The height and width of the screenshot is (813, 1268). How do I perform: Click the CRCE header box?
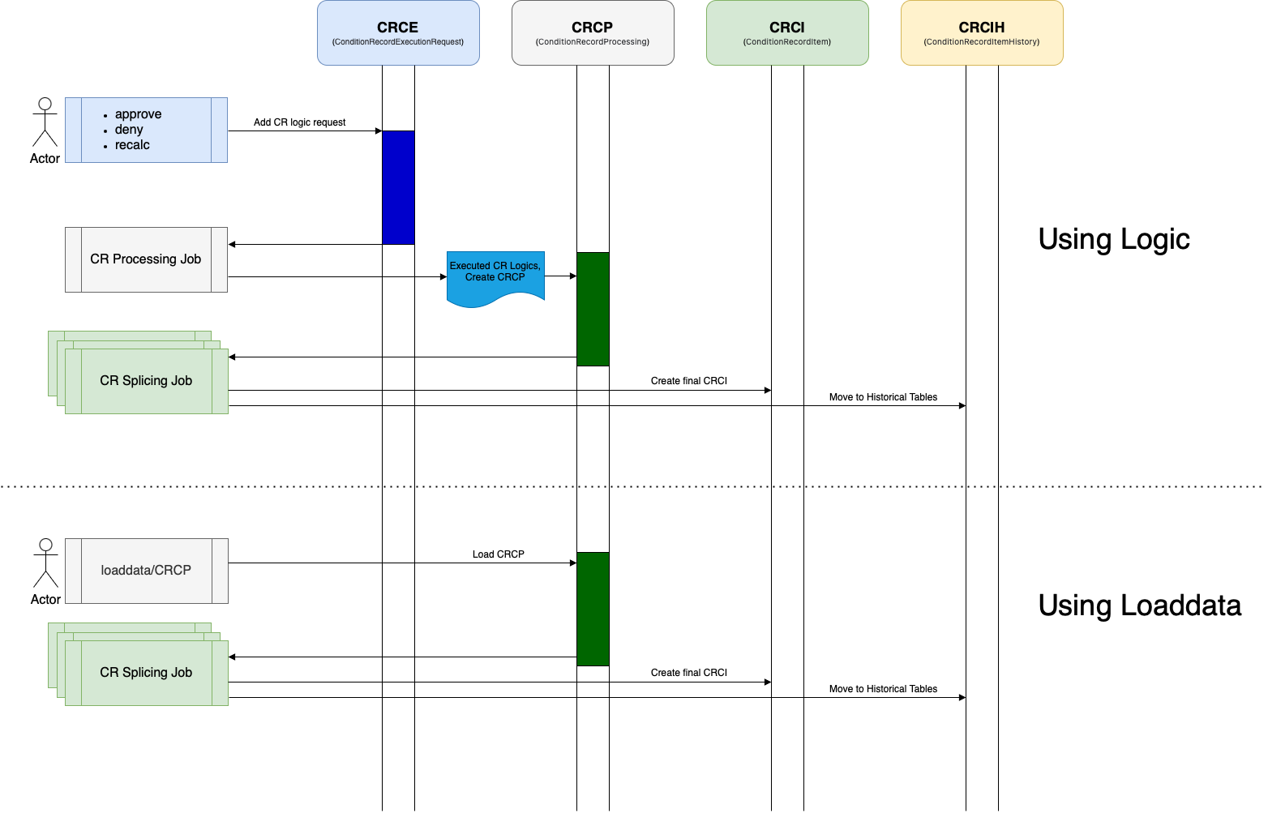click(x=398, y=33)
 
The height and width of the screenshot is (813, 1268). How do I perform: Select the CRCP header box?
click(x=593, y=33)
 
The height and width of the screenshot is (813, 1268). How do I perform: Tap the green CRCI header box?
click(x=787, y=33)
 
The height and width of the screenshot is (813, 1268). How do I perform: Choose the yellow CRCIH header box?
click(x=982, y=33)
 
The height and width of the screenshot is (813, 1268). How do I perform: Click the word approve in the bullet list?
click(x=138, y=114)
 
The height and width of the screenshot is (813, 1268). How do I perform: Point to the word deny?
click(x=129, y=130)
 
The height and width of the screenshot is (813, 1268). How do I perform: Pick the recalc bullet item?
click(x=132, y=145)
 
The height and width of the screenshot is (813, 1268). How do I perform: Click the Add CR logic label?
click(x=282, y=122)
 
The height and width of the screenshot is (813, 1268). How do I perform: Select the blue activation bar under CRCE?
click(x=398, y=187)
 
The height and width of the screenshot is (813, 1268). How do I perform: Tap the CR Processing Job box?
click(x=146, y=259)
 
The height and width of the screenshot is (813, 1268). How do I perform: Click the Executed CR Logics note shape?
click(x=495, y=276)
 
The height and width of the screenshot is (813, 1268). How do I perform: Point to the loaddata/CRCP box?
click(x=146, y=571)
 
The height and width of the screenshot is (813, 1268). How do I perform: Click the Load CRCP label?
click(x=499, y=554)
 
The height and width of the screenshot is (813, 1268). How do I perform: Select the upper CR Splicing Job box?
click(x=146, y=381)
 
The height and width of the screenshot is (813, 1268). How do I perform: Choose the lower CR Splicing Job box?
click(x=146, y=673)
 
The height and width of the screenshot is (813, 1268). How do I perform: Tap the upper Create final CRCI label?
click(x=689, y=381)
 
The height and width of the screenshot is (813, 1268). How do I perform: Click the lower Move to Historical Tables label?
click(x=883, y=689)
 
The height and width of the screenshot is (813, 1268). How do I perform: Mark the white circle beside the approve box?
click(x=45, y=104)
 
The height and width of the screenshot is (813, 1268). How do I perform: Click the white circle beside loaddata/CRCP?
click(x=46, y=545)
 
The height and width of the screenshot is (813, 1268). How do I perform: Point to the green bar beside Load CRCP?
click(x=593, y=609)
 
